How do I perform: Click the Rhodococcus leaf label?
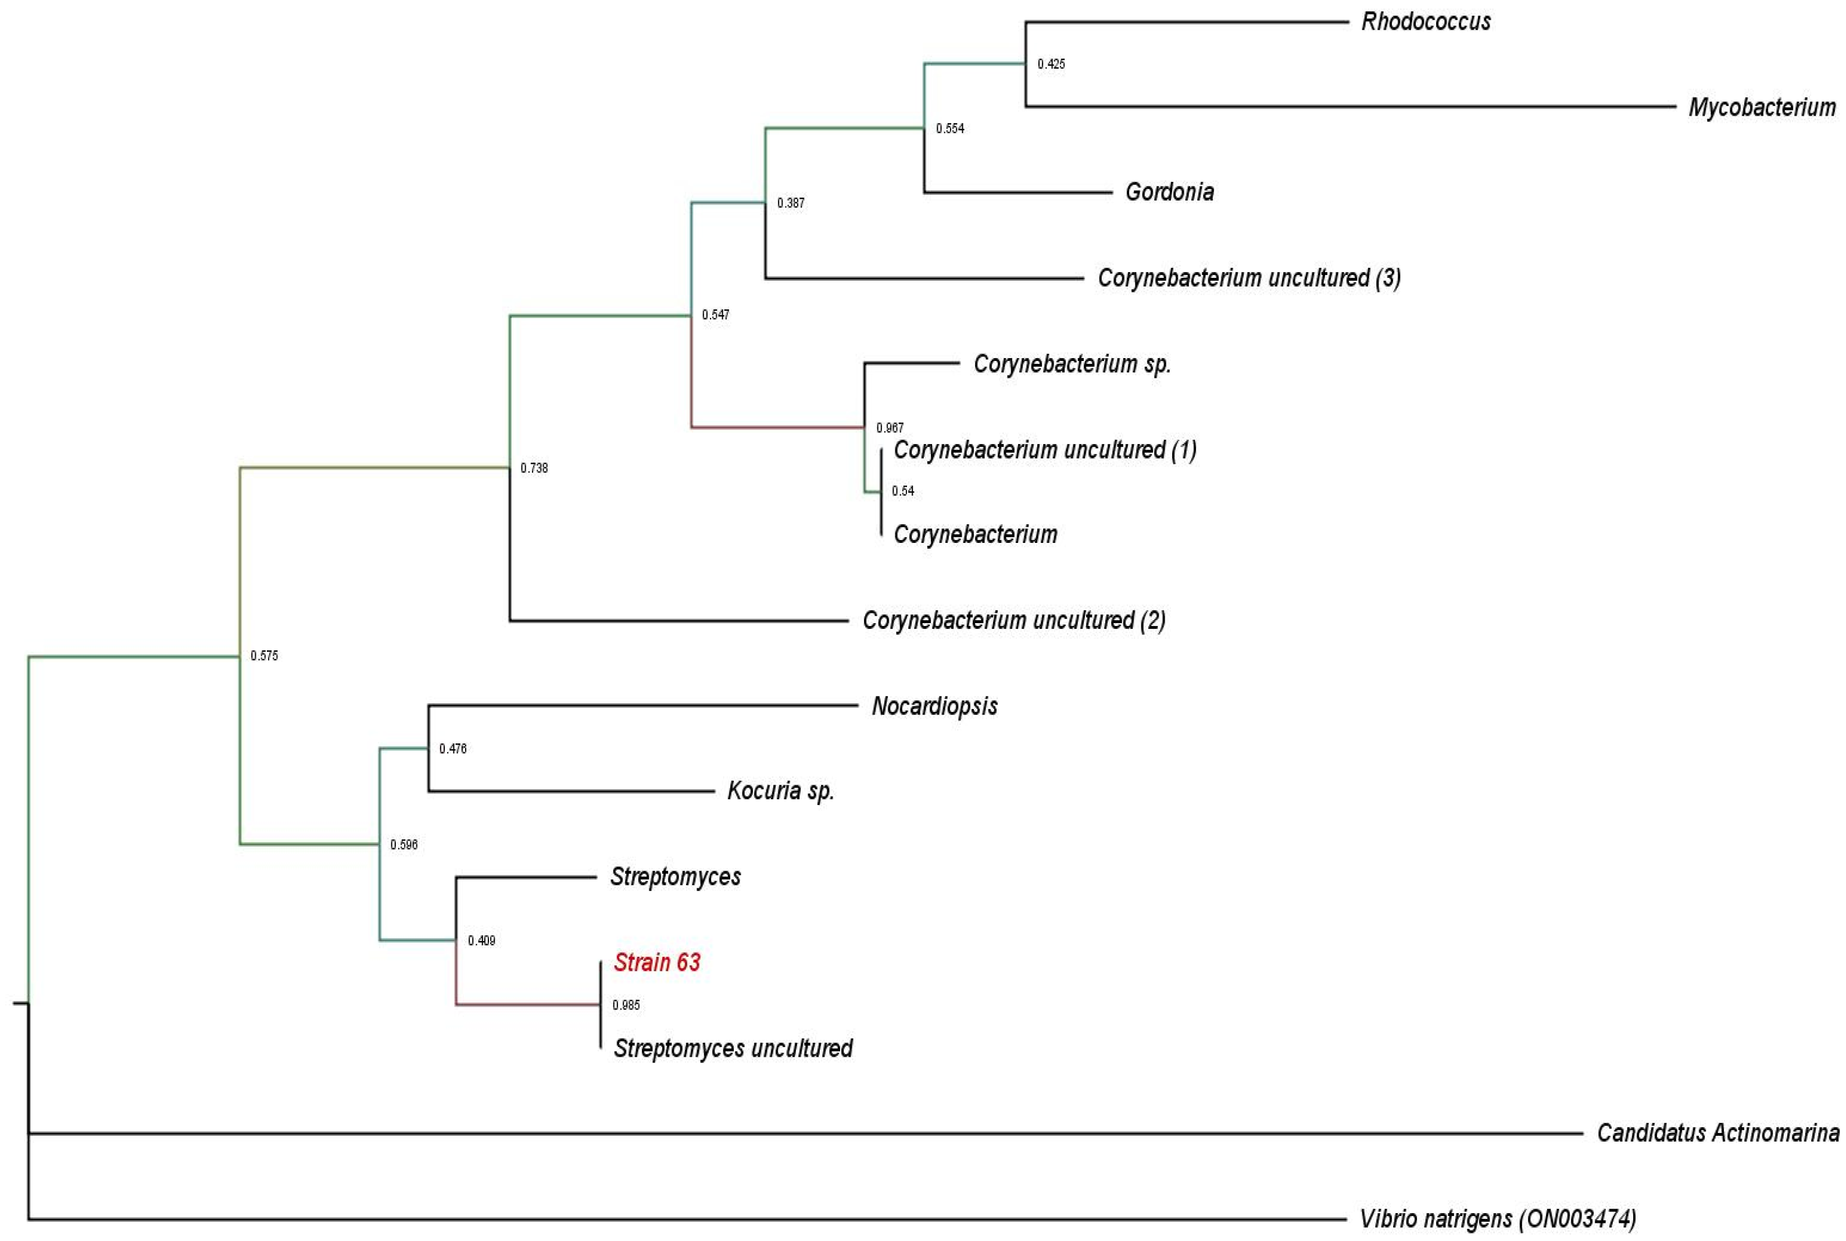1425,22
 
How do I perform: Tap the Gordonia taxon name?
1169,192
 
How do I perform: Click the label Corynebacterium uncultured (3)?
1248,278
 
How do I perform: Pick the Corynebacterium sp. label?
1071,364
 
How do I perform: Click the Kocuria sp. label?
780,791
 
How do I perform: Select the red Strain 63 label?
657,963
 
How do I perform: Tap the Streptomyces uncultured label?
733,1048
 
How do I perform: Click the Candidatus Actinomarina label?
1718,1132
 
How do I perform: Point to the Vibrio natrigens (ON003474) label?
1498,1218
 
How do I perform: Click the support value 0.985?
626,1005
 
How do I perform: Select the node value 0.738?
534,468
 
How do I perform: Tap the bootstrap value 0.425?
1051,64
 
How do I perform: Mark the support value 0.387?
791,203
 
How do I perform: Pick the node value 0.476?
453,749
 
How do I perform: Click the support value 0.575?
265,656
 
